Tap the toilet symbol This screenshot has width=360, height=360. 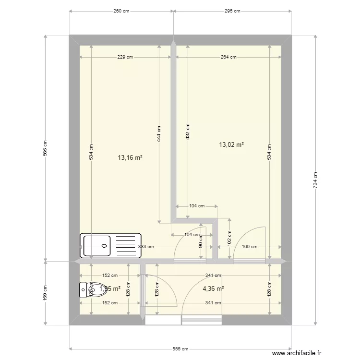pos(93,289)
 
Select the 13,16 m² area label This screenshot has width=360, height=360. pos(131,157)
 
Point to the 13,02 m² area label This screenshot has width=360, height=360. pos(231,144)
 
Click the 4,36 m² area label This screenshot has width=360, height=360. pos(213,288)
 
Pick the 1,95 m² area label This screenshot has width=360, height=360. pos(110,288)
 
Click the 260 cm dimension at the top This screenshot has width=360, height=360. pos(121,11)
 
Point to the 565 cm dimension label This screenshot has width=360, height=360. pos(46,148)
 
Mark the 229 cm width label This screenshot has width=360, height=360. pos(125,57)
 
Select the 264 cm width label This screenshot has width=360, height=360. pos(228,57)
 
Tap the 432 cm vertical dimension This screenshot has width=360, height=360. pos(188,132)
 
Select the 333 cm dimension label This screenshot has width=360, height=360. pos(146,247)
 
